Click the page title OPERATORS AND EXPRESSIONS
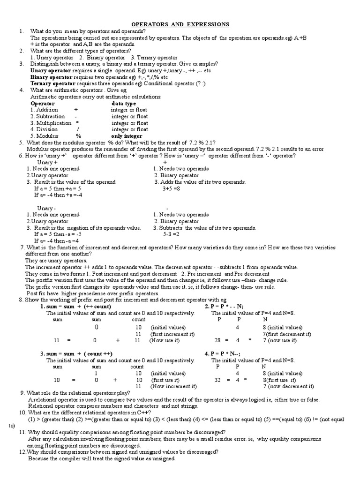(180, 24)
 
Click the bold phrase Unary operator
(51, 70)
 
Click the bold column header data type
(124, 103)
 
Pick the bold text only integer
(127, 136)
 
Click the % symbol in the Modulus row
(79, 136)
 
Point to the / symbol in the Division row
(78, 129)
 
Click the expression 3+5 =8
(172, 188)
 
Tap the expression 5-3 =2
(171, 234)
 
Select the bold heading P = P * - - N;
(224, 307)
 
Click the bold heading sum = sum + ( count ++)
(76, 353)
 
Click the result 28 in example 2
(217, 340)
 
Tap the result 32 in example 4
(217, 380)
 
